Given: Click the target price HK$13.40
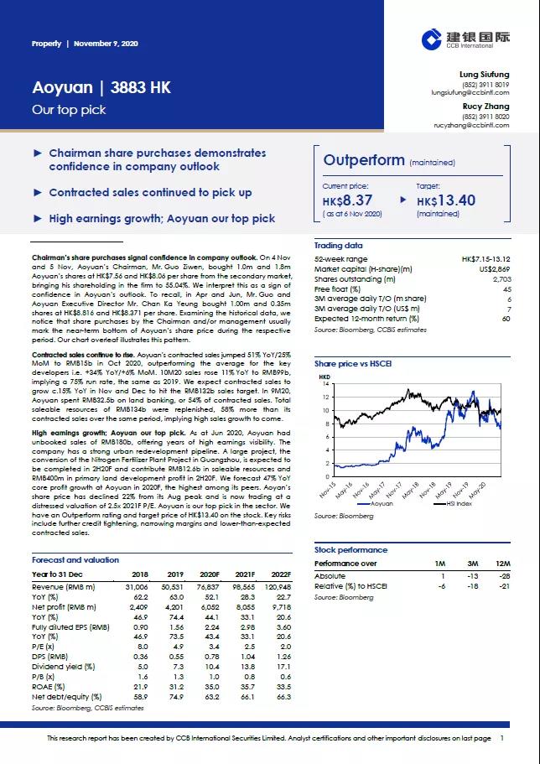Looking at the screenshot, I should (x=446, y=200).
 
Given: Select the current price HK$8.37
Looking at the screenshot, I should (x=347, y=200).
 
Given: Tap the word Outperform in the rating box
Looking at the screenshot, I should (x=364, y=160).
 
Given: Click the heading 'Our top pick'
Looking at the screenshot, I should (x=57, y=110).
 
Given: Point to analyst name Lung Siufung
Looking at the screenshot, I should (x=485, y=75).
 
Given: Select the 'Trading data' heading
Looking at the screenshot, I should (x=339, y=246).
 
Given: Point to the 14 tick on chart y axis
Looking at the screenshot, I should (x=327, y=383).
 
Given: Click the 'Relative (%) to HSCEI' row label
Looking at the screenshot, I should (x=351, y=587).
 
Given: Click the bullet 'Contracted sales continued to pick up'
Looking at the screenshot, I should (x=150, y=192).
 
